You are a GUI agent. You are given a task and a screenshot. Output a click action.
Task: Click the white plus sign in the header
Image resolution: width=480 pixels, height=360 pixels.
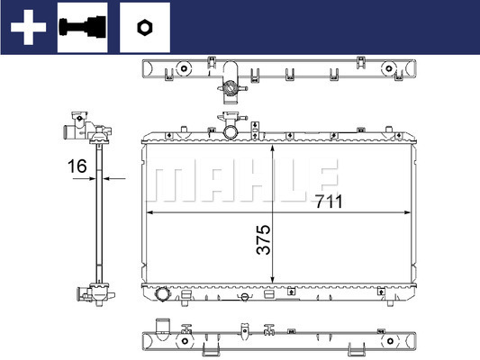point(28,27)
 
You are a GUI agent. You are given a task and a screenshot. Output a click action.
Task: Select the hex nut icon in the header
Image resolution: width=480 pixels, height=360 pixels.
point(144,28)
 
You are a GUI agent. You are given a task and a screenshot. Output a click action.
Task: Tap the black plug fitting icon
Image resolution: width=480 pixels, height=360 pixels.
point(82,27)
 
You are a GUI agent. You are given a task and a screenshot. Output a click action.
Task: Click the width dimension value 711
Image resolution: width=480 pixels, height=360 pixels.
point(329,202)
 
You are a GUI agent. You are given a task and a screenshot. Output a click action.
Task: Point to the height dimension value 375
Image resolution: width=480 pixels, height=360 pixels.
point(263,239)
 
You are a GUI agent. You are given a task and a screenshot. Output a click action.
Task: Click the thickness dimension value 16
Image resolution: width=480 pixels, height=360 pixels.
point(77,166)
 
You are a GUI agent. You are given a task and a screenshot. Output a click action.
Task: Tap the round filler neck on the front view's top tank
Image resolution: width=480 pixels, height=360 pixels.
point(231,132)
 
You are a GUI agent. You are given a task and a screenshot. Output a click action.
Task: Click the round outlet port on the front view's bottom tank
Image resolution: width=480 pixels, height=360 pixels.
point(161,294)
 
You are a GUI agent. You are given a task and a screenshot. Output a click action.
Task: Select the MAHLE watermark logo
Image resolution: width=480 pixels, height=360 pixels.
point(242,180)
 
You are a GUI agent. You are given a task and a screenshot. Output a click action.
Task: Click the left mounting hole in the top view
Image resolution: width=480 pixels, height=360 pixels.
point(184,68)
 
